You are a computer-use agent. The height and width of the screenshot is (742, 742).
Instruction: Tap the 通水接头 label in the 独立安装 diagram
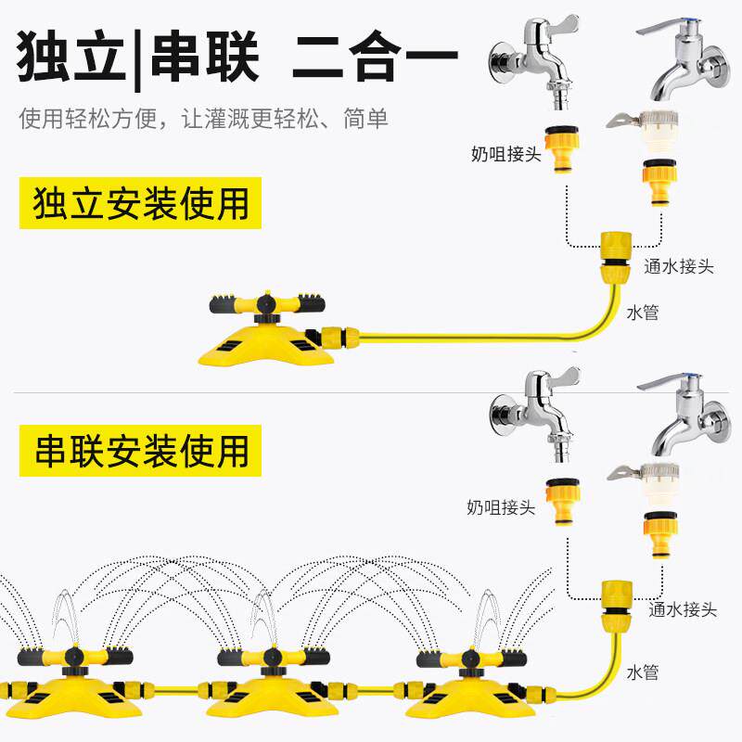(x=679, y=266)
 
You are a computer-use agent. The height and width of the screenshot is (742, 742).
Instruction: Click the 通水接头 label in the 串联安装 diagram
(x=683, y=609)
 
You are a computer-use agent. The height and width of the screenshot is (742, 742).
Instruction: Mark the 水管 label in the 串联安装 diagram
(x=642, y=672)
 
